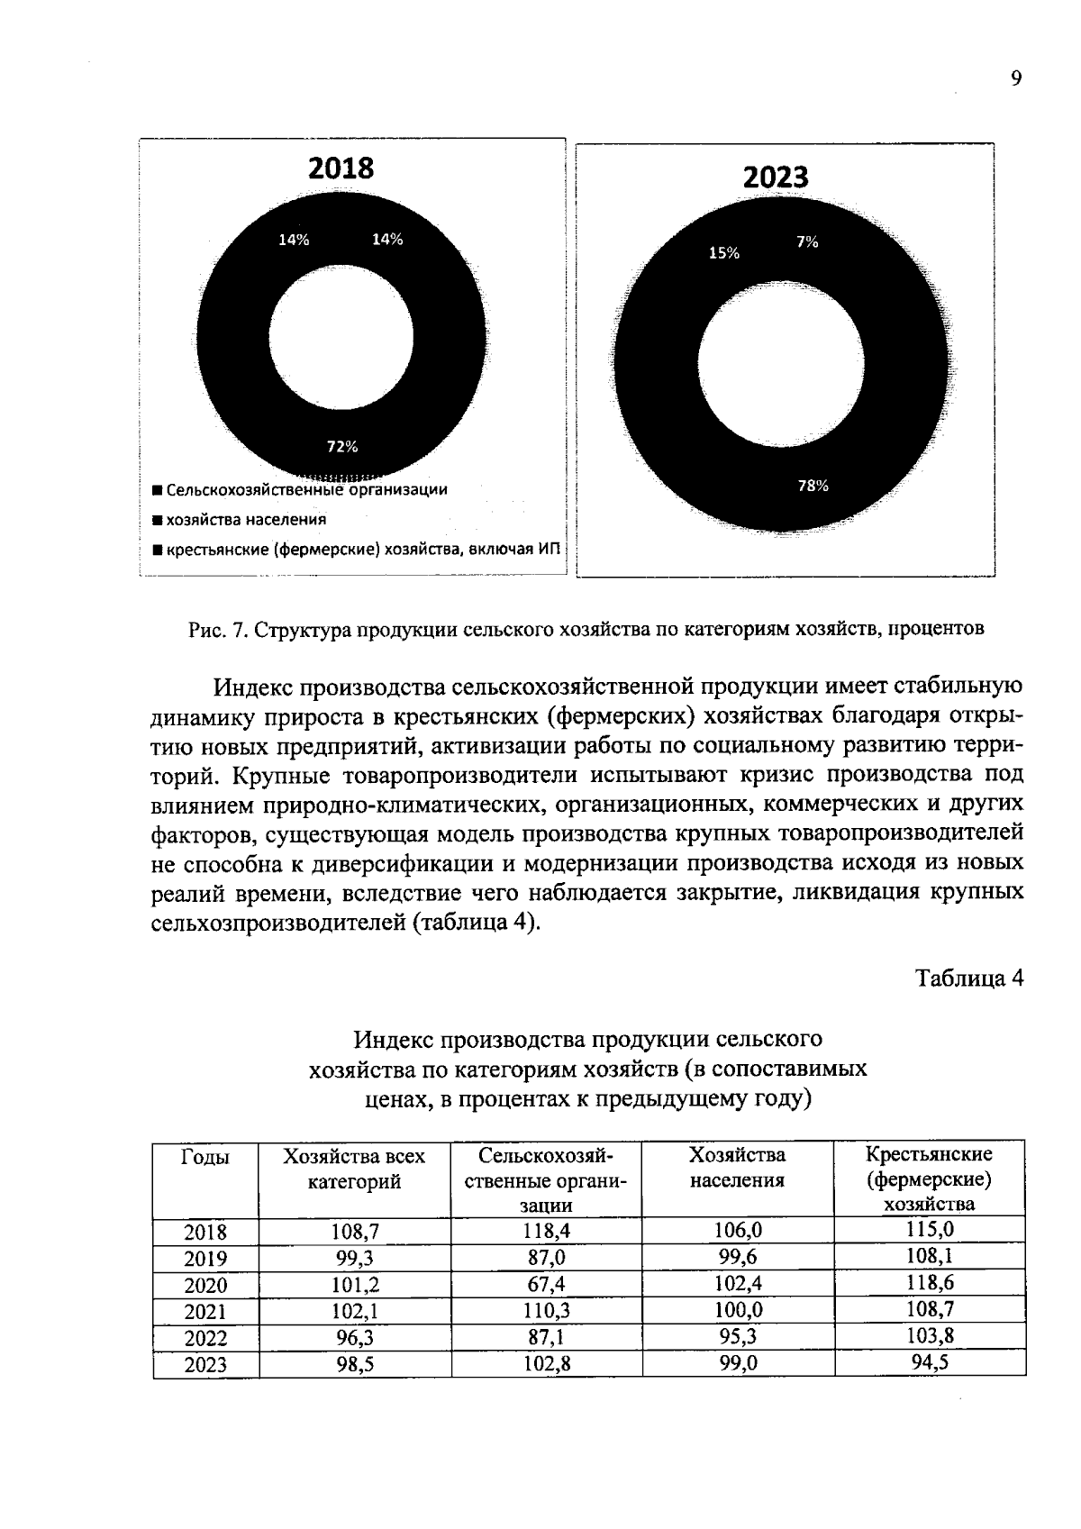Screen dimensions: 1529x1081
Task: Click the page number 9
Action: [x=1016, y=79]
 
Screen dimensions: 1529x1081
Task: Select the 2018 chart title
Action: [x=341, y=168]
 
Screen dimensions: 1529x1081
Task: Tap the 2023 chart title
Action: [x=776, y=177]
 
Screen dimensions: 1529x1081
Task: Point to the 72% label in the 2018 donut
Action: [x=341, y=446]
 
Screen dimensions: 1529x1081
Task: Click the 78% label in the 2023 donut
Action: [x=813, y=486]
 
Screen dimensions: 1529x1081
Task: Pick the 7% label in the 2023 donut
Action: [x=807, y=241]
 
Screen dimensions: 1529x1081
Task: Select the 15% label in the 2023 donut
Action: [x=724, y=253]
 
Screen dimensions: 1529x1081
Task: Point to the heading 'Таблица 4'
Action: [x=969, y=978]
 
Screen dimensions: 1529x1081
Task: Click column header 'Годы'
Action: [x=205, y=1157]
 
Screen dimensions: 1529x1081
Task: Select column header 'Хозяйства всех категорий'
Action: [x=354, y=1169]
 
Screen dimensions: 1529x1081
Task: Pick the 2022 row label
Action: [x=205, y=1339]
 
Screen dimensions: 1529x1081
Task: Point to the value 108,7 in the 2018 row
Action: [x=354, y=1232]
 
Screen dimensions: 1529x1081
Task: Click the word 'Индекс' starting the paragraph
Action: [x=254, y=687]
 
